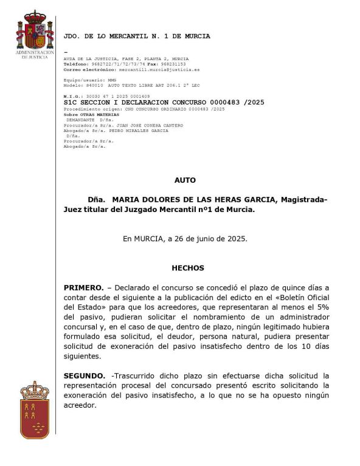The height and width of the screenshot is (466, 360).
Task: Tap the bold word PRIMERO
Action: tap(83, 287)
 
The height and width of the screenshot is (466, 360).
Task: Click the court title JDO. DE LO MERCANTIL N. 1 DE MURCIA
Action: tap(137, 36)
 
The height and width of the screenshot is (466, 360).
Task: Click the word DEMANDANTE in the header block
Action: tap(79, 119)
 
